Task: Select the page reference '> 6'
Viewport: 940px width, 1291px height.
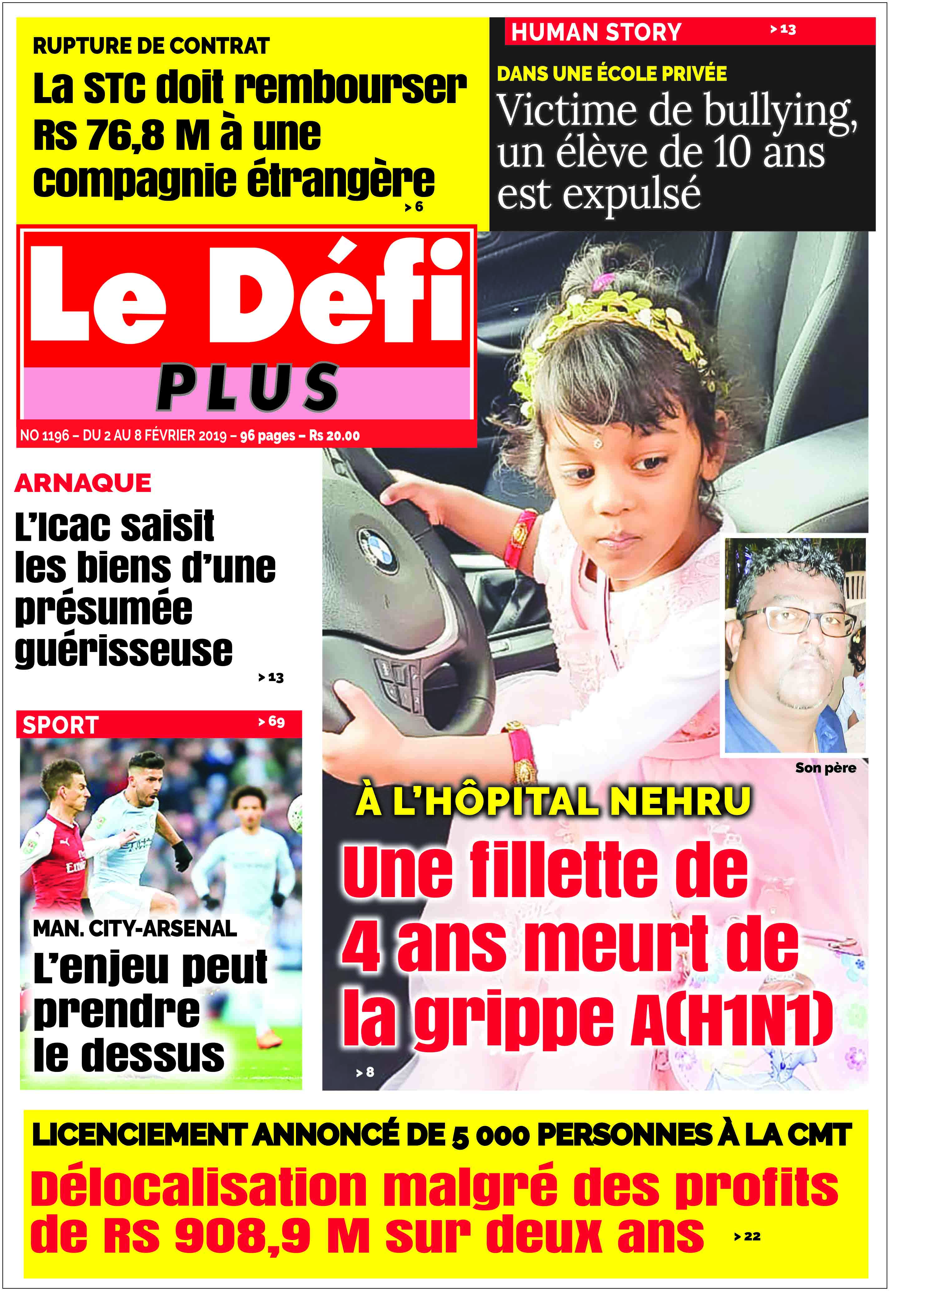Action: [414, 207]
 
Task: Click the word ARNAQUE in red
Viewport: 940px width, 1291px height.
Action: [83, 483]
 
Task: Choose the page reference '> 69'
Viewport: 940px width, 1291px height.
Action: [272, 722]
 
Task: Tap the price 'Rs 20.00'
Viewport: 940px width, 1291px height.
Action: [334, 436]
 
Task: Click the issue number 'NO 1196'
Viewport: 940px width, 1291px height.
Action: [44, 436]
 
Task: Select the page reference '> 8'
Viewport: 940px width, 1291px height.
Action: [365, 1073]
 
